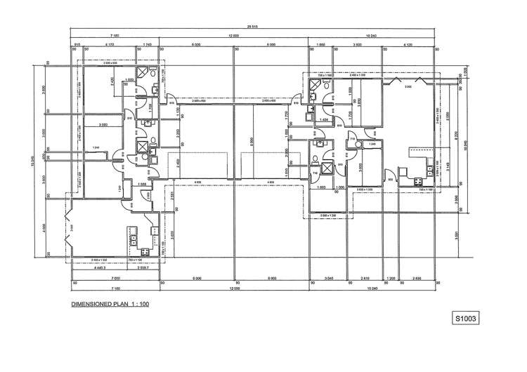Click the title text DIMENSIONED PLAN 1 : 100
click(109, 305)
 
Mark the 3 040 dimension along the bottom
click(328, 279)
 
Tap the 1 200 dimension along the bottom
click(391, 279)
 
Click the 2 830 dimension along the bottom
click(417, 279)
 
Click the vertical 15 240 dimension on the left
click(32, 160)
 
